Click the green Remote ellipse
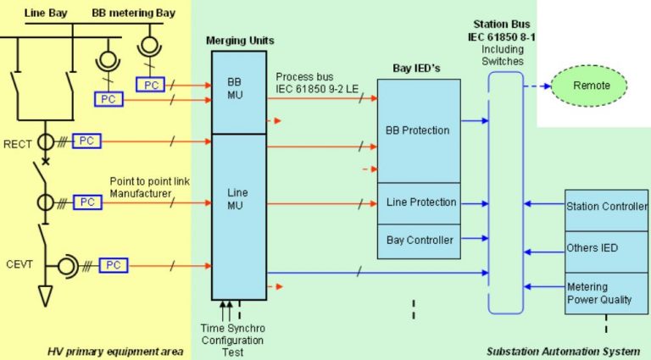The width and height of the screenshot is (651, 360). tap(591, 86)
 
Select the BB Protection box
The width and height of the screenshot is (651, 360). tap(418, 130)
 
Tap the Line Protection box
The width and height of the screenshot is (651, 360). tap(420, 202)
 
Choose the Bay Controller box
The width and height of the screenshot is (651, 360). tap(419, 241)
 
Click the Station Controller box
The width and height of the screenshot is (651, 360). tap(606, 206)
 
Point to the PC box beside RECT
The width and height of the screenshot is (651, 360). tap(86, 141)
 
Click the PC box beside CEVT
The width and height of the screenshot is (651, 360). tap(113, 265)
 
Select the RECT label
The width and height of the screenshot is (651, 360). tap(16, 144)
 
